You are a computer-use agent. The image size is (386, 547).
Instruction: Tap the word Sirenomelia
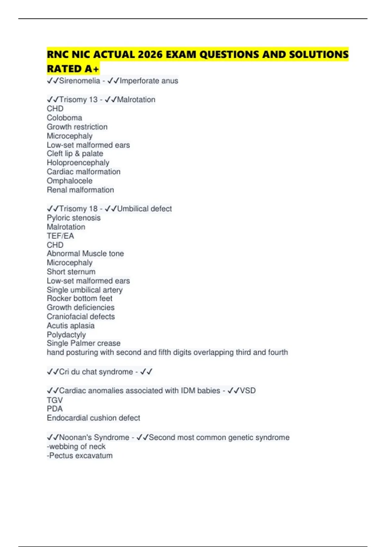(x=79, y=81)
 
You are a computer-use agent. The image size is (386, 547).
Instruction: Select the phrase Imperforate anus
(x=149, y=81)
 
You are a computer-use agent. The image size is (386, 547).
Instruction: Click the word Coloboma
(x=64, y=118)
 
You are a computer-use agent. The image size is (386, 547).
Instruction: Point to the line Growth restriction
(x=77, y=127)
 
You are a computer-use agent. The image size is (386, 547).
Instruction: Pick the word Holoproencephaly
(x=78, y=163)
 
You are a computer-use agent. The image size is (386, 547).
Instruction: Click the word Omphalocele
(x=69, y=181)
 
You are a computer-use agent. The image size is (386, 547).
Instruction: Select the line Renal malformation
(x=80, y=190)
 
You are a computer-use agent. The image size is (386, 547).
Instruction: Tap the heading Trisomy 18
(x=78, y=209)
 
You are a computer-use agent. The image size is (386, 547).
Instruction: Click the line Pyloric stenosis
(x=74, y=218)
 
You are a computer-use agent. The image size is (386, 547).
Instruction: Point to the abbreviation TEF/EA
(x=60, y=236)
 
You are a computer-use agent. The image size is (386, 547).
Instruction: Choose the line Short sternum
(x=71, y=272)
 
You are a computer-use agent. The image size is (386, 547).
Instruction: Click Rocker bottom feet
(x=79, y=298)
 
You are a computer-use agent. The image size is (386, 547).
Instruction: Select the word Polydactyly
(x=66, y=335)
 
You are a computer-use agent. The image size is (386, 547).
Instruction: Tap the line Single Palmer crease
(x=84, y=343)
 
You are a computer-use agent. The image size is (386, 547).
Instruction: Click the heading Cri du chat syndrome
(x=96, y=372)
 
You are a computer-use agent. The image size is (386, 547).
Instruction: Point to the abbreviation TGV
(x=55, y=400)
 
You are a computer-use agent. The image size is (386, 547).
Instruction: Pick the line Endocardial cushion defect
(x=93, y=418)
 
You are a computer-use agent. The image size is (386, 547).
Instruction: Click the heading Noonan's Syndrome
(x=94, y=438)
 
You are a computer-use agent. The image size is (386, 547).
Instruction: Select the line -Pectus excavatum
(x=80, y=456)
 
